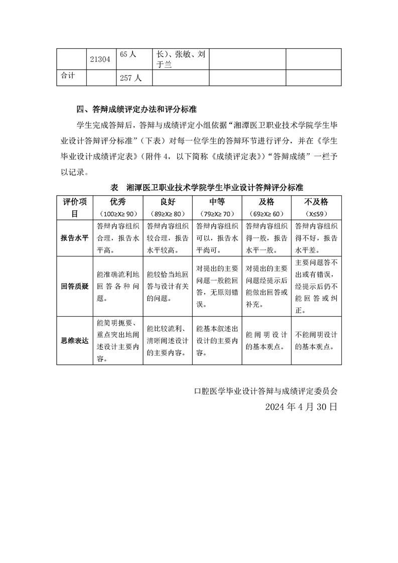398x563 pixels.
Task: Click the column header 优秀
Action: [118, 202]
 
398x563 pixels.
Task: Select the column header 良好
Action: [168, 202]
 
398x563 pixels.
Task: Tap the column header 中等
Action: [217, 202]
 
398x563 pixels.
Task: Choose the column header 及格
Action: [266, 202]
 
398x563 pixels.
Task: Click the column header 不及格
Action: [316, 202]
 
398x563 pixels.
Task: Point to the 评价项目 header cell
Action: [74, 207]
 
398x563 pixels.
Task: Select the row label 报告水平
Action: [74, 238]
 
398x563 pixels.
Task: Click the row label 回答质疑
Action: [74, 287]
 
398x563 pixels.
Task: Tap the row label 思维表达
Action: [74, 340]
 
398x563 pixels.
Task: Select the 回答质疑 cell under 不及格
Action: [316, 287]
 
